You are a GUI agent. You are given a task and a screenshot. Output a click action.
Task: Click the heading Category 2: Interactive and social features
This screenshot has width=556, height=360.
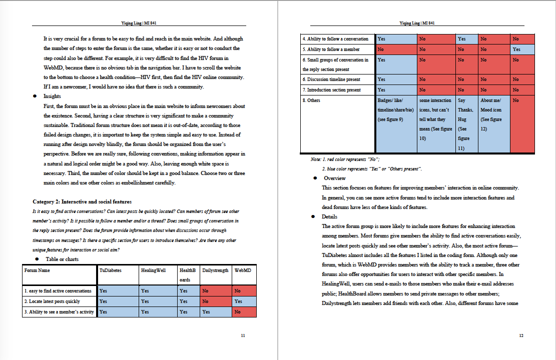[x=82, y=201]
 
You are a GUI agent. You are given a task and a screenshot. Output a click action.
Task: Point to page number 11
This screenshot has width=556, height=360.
[x=243, y=335]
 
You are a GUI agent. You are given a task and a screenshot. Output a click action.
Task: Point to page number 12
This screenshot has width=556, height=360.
[x=521, y=335]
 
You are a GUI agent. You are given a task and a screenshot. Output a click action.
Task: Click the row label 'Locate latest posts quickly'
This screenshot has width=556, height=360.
[x=52, y=301]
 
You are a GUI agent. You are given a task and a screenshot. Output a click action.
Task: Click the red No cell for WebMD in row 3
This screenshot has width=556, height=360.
[x=244, y=312]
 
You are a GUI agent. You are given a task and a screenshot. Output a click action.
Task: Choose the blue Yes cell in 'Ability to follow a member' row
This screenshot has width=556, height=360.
[x=522, y=49]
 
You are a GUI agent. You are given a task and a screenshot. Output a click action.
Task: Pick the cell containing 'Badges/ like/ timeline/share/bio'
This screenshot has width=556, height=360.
[x=396, y=110]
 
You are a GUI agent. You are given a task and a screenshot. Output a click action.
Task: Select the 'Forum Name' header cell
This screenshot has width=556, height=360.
[x=37, y=270]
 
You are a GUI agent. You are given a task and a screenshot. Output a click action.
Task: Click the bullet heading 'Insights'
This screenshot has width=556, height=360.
[x=52, y=96]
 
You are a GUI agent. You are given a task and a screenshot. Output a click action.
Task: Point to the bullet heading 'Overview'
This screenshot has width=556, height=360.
[x=334, y=178]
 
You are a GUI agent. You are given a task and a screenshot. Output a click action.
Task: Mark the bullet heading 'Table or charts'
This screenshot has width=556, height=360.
[x=63, y=259]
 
